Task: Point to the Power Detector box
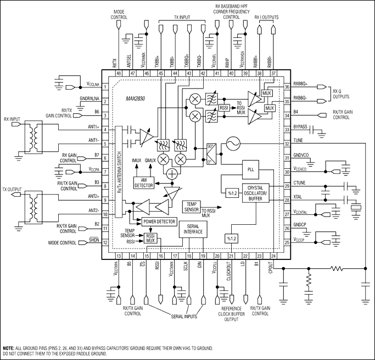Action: click(159, 221)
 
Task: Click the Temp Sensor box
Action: click(193, 207)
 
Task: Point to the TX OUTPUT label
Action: click(13, 189)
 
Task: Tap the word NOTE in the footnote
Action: click(8, 348)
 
